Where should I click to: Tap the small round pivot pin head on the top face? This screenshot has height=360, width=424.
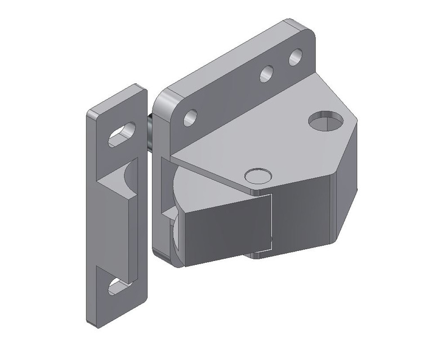[x=257, y=175]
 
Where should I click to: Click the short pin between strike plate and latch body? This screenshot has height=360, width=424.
[x=150, y=132]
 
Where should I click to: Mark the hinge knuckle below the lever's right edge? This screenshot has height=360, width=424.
[x=260, y=254]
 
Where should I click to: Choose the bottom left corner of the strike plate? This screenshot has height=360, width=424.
[x=89, y=323]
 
